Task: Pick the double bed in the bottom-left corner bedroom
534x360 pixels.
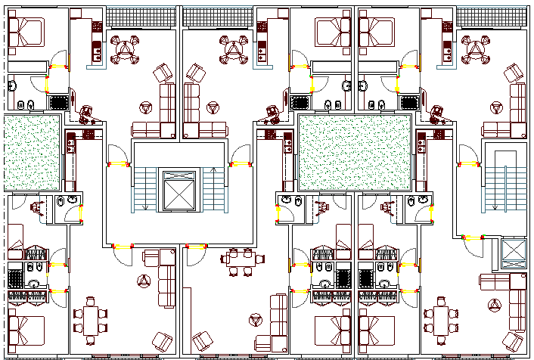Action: point(27,327)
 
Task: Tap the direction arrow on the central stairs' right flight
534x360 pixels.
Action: point(215,168)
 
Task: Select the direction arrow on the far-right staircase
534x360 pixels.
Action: point(495,204)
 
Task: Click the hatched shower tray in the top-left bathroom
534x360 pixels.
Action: point(57,102)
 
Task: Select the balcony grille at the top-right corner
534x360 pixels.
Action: point(492,16)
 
